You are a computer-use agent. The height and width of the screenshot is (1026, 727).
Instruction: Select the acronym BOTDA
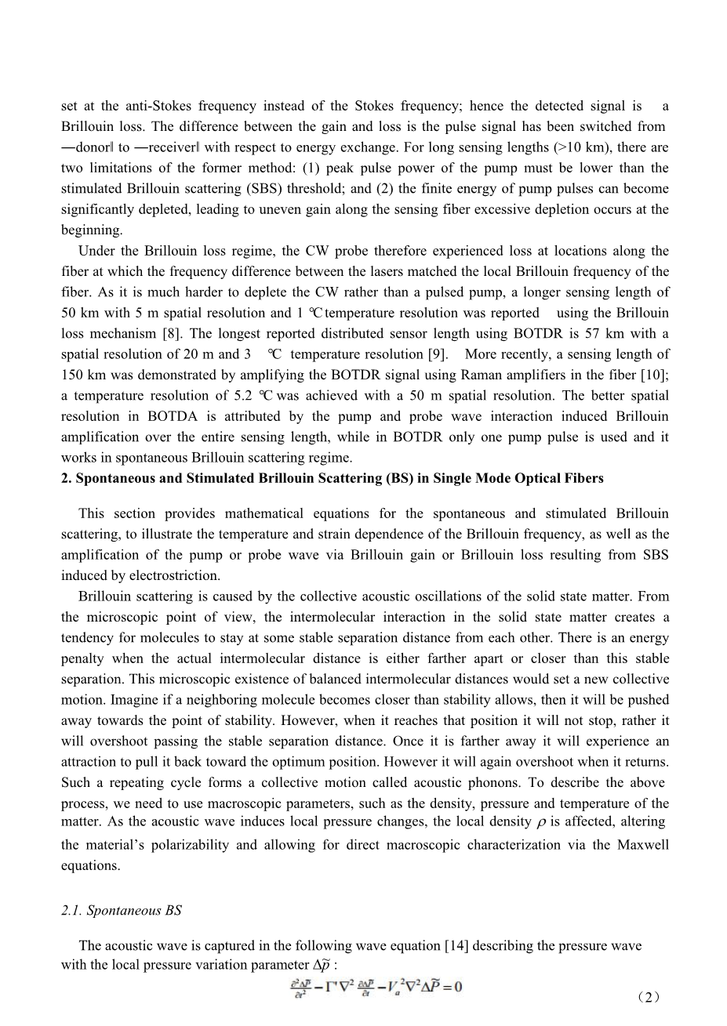(171, 416)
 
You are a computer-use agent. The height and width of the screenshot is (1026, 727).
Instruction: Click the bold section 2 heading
(333, 478)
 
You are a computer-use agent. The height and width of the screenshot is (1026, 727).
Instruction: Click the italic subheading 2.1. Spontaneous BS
(122, 910)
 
